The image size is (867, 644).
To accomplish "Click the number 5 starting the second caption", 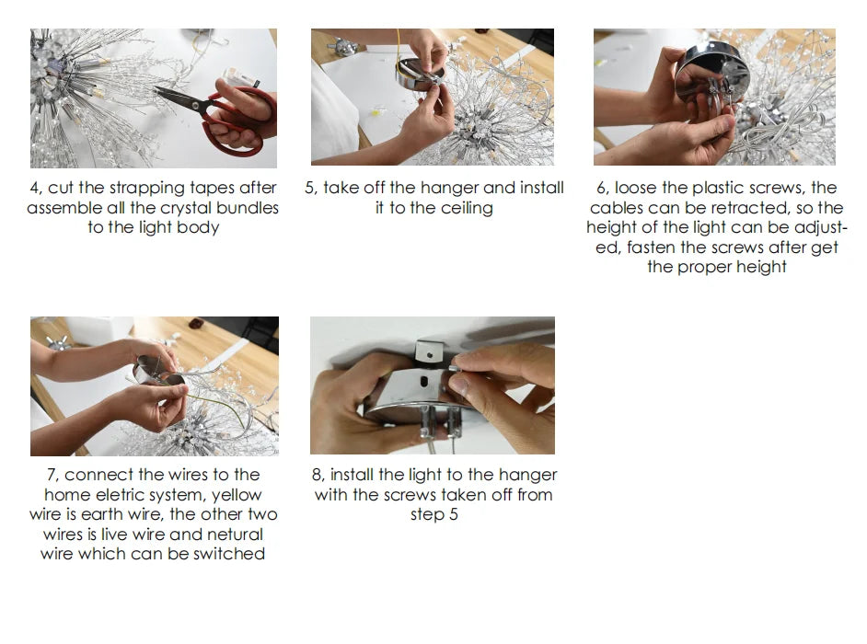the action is tap(310, 189).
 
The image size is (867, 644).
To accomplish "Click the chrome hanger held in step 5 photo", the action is tap(420, 75).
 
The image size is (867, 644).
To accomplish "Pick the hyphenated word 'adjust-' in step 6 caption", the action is tap(821, 228).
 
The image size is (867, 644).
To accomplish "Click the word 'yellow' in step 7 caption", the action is tap(237, 495).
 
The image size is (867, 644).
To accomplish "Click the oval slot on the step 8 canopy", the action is tap(425, 382).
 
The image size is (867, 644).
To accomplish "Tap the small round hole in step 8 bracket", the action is tap(430, 355).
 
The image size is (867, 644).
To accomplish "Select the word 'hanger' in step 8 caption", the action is tap(527, 475).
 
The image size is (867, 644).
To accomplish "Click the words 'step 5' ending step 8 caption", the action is tap(434, 514).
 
